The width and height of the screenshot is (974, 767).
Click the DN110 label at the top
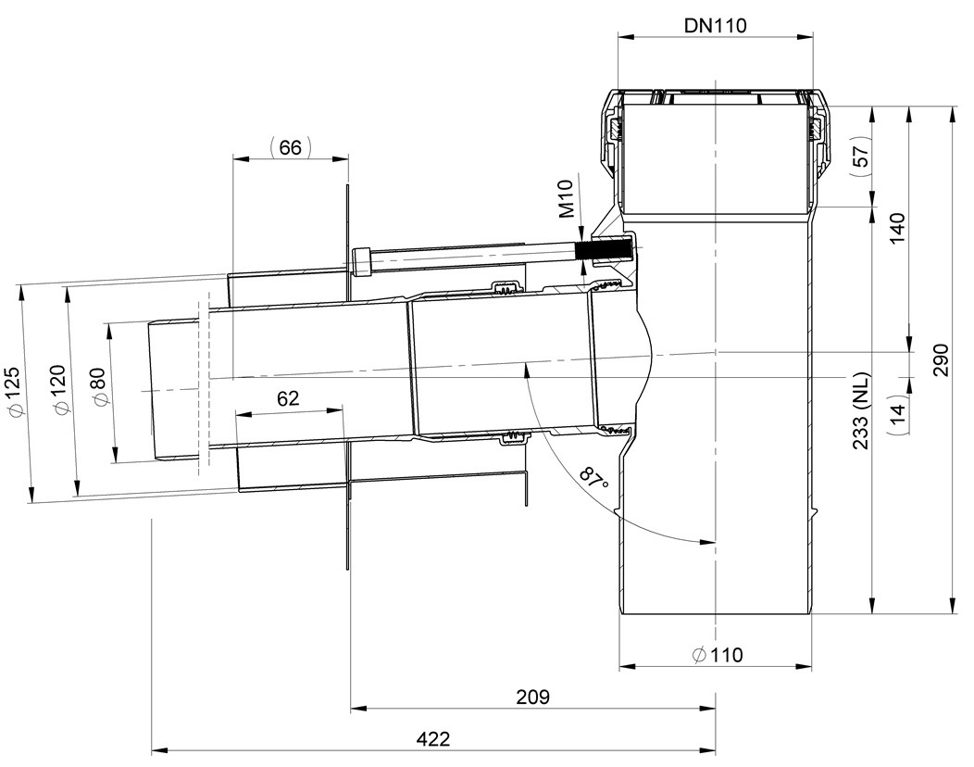click(x=715, y=26)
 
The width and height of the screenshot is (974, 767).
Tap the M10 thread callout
click(x=567, y=199)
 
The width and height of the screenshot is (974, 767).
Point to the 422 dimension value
click(x=433, y=739)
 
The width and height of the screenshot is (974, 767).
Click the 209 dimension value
click(x=533, y=697)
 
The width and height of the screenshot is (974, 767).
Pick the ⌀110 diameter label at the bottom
click(x=717, y=655)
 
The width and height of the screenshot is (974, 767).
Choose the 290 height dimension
click(x=941, y=359)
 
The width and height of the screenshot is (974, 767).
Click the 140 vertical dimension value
click(x=897, y=229)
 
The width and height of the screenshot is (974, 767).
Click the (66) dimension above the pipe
click(x=290, y=147)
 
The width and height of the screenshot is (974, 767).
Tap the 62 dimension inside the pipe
click(x=288, y=397)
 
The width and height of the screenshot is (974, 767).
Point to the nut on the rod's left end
click(x=361, y=261)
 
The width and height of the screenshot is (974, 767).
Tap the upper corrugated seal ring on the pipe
click(x=508, y=288)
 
